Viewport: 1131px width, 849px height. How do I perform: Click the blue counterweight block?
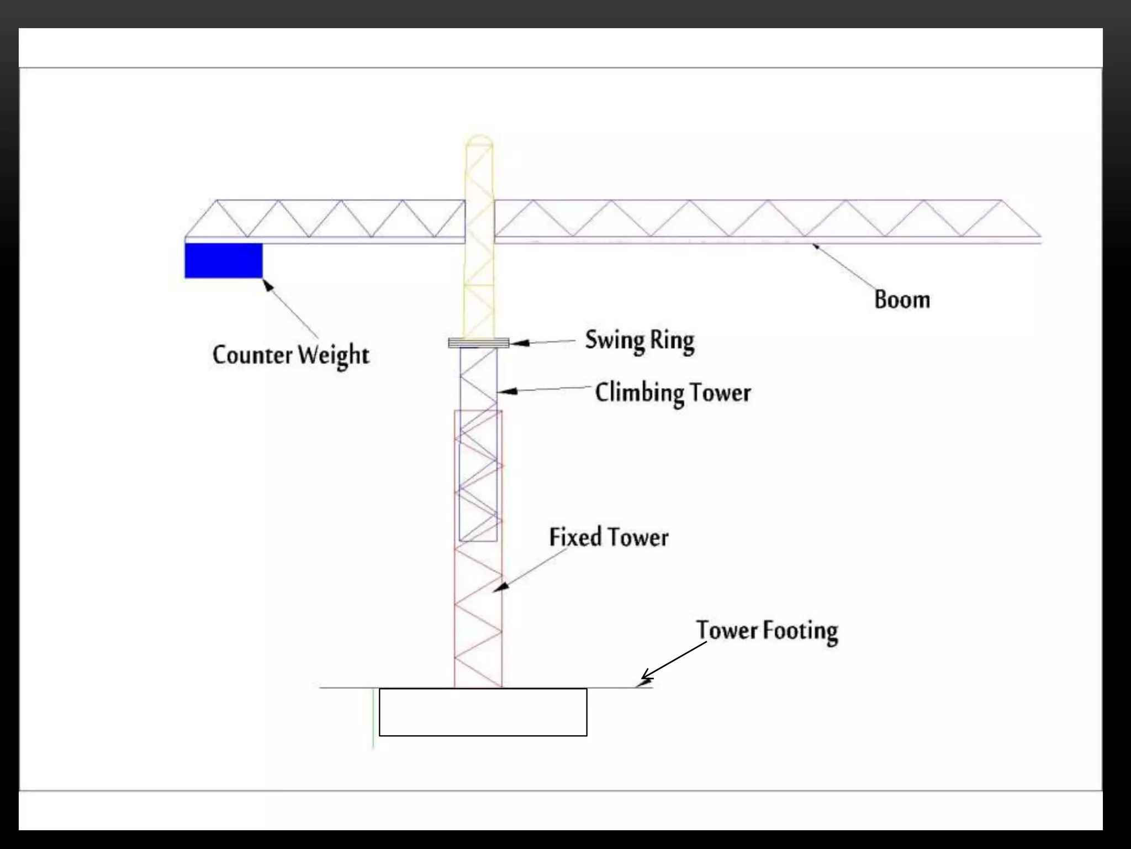223,260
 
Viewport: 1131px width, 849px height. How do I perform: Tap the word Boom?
902,300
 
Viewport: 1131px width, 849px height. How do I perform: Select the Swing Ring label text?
640,340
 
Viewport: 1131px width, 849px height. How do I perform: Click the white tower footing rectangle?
483,712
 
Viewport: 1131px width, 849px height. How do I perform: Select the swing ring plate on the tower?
478,343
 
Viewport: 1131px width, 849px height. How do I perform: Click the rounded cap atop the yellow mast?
479,139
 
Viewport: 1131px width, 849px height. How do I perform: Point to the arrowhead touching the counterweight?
268,285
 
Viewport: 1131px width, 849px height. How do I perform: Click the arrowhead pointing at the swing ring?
518,343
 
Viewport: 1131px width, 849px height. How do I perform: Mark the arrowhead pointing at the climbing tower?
507,391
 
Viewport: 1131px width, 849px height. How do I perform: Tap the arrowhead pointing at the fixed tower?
500,588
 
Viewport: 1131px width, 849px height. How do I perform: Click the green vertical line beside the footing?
374,719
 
